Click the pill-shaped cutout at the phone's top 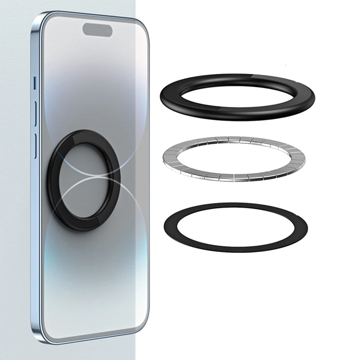point(97,30)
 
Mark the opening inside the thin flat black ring point(236,227)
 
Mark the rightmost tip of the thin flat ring point(307,226)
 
